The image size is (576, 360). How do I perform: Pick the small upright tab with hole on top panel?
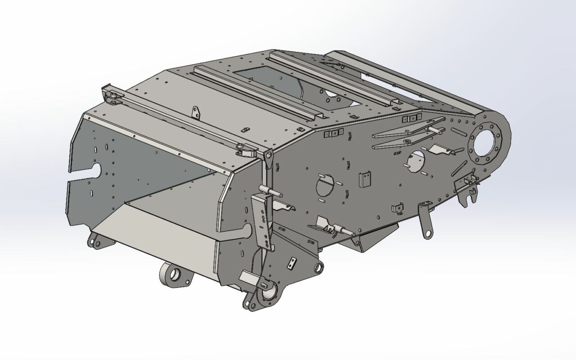click(195, 112)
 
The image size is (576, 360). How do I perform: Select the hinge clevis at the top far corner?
click(112, 97)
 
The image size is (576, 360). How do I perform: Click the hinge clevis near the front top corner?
click(244, 150)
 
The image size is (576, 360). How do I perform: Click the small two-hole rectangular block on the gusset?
click(293, 263)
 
